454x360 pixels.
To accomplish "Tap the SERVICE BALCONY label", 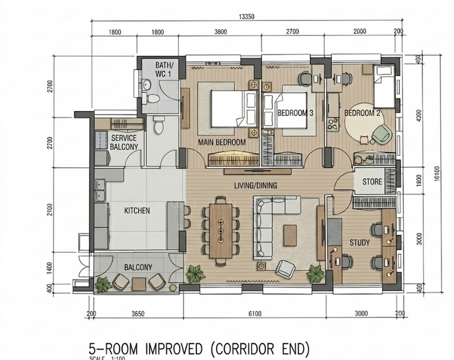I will pyautogui.click(x=124, y=142).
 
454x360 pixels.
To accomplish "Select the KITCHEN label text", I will pyautogui.click(x=137, y=211).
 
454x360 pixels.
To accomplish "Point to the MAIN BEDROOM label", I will pyautogui.click(x=222, y=142).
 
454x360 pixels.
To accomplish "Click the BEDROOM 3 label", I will pyautogui.click(x=295, y=113).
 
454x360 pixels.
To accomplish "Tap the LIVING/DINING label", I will pyautogui.click(x=255, y=185).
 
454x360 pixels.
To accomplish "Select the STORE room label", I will pyautogui.click(x=372, y=181).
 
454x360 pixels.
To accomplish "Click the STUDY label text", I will pyautogui.click(x=359, y=242).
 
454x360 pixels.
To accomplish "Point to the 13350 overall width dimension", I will pyautogui.click(x=246, y=17).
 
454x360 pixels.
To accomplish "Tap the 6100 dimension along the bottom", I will pyautogui.click(x=255, y=313).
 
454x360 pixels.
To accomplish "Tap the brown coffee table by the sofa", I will pyautogui.click(x=290, y=235).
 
